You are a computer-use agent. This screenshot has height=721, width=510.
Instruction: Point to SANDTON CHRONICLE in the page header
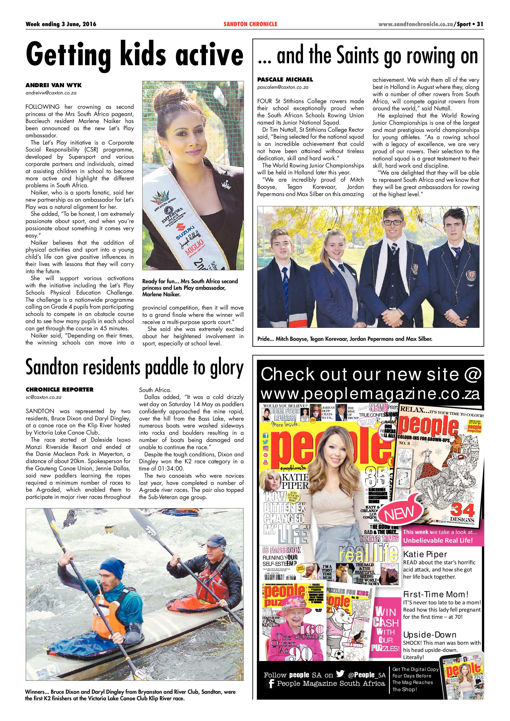point(250,24)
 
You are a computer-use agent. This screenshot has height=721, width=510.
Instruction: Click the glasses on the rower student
point(392,223)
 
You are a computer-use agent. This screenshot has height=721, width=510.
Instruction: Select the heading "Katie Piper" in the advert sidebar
point(425,554)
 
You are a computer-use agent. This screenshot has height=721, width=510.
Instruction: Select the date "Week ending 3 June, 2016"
point(61,24)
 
